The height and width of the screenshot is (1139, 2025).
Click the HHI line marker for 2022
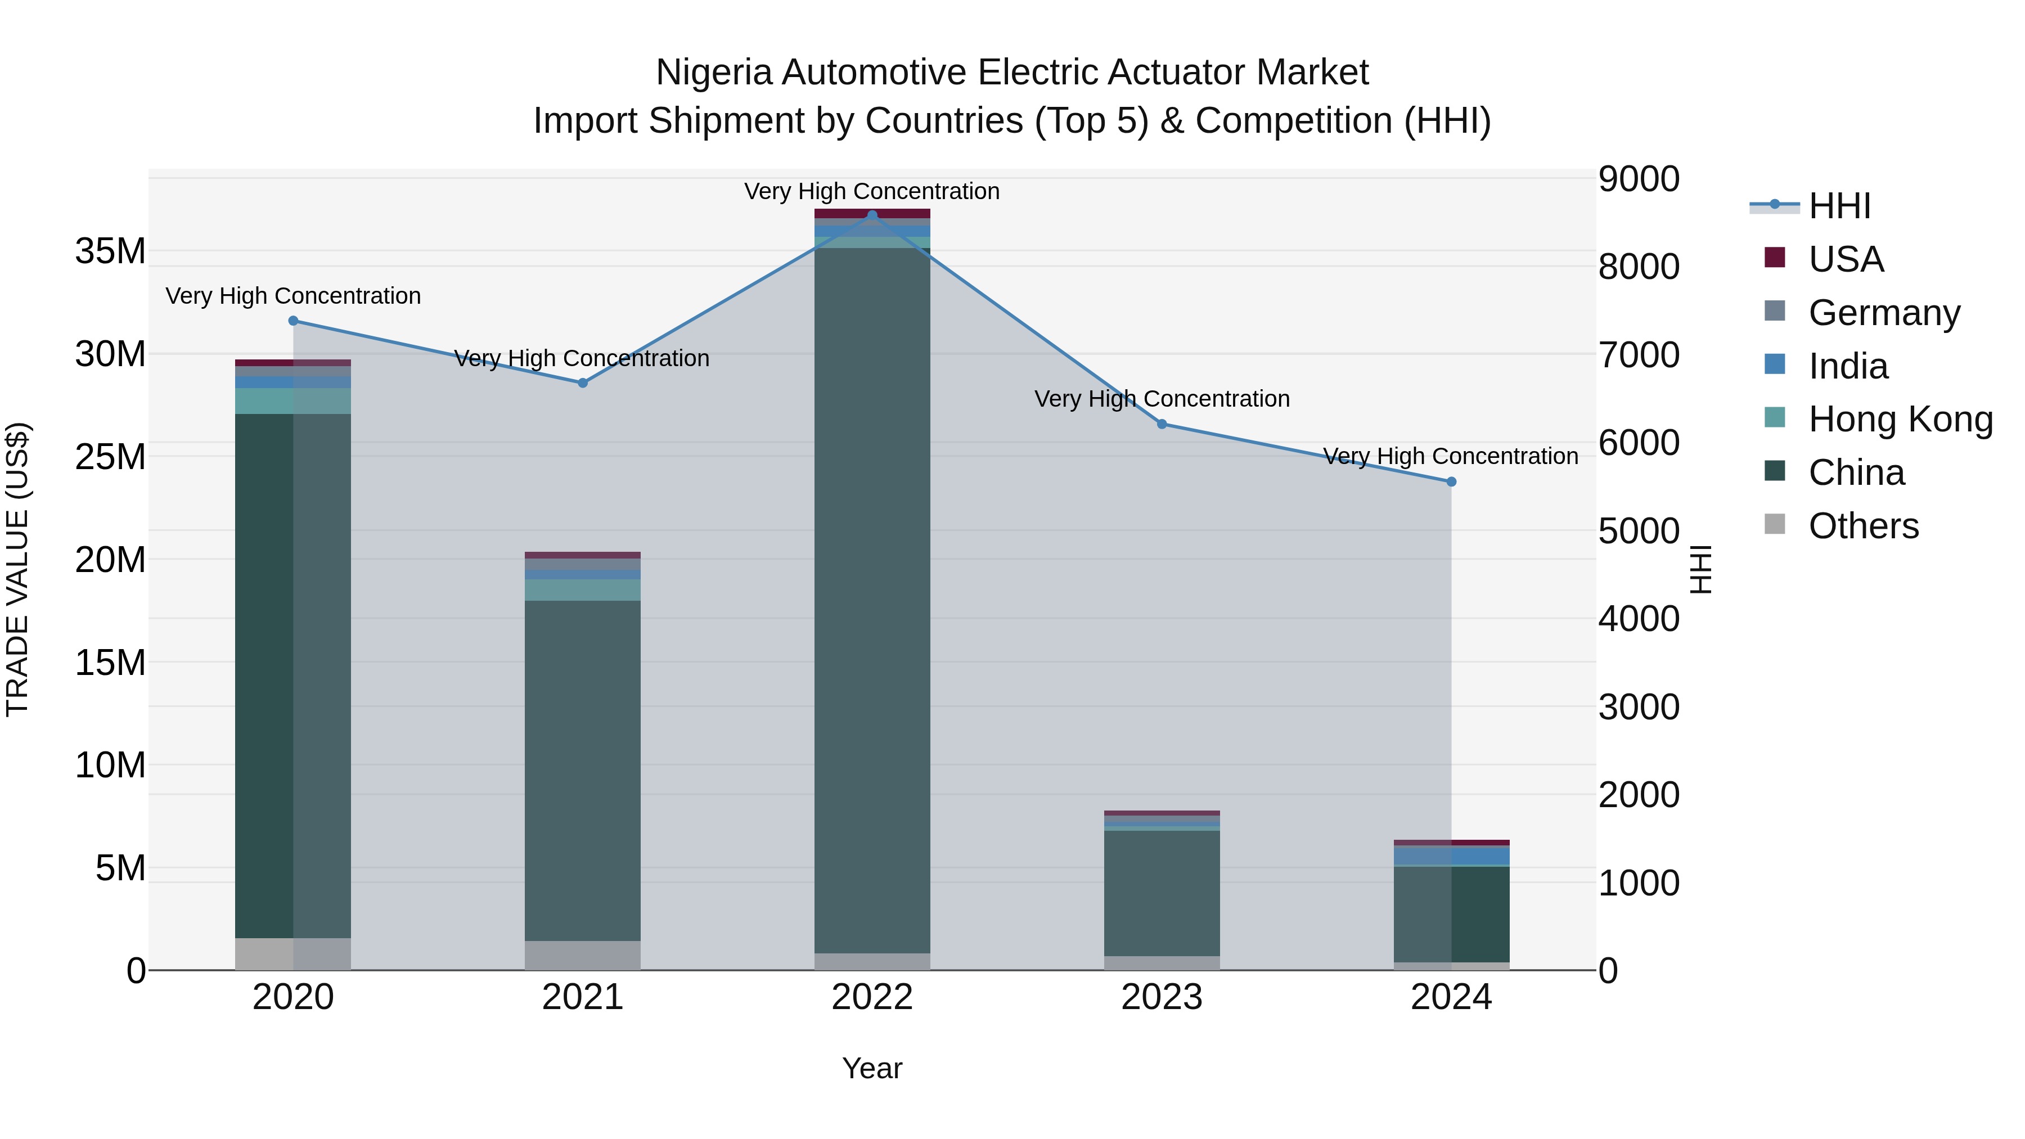(x=872, y=215)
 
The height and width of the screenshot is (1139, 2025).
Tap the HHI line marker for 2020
(x=293, y=321)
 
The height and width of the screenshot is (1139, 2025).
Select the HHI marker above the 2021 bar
(x=583, y=383)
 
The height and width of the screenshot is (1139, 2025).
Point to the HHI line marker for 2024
(x=1451, y=482)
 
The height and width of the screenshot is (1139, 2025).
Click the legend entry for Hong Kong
(x=1900, y=419)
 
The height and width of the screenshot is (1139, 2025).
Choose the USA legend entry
(x=1846, y=259)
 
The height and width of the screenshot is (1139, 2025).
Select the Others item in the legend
(x=1863, y=526)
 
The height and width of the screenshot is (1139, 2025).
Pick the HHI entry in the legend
(x=1839, y=206)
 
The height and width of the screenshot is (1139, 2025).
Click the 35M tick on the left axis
(x=110, y=251)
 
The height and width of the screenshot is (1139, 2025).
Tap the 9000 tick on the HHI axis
(x=1639, y=179)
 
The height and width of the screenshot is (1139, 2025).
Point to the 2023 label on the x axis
(x=1161, y=997)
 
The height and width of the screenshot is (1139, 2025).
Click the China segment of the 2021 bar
(x=583, y=771)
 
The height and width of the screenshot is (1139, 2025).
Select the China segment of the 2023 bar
(x=1161, y=892)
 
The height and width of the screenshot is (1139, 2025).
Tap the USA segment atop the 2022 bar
(x=872, y=213)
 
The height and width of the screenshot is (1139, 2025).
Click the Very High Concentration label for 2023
(x=1161, y=399)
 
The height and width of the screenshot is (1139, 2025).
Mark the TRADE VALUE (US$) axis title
(x=17, y=569)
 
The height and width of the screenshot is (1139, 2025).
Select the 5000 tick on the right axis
(x=1639, y=532)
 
